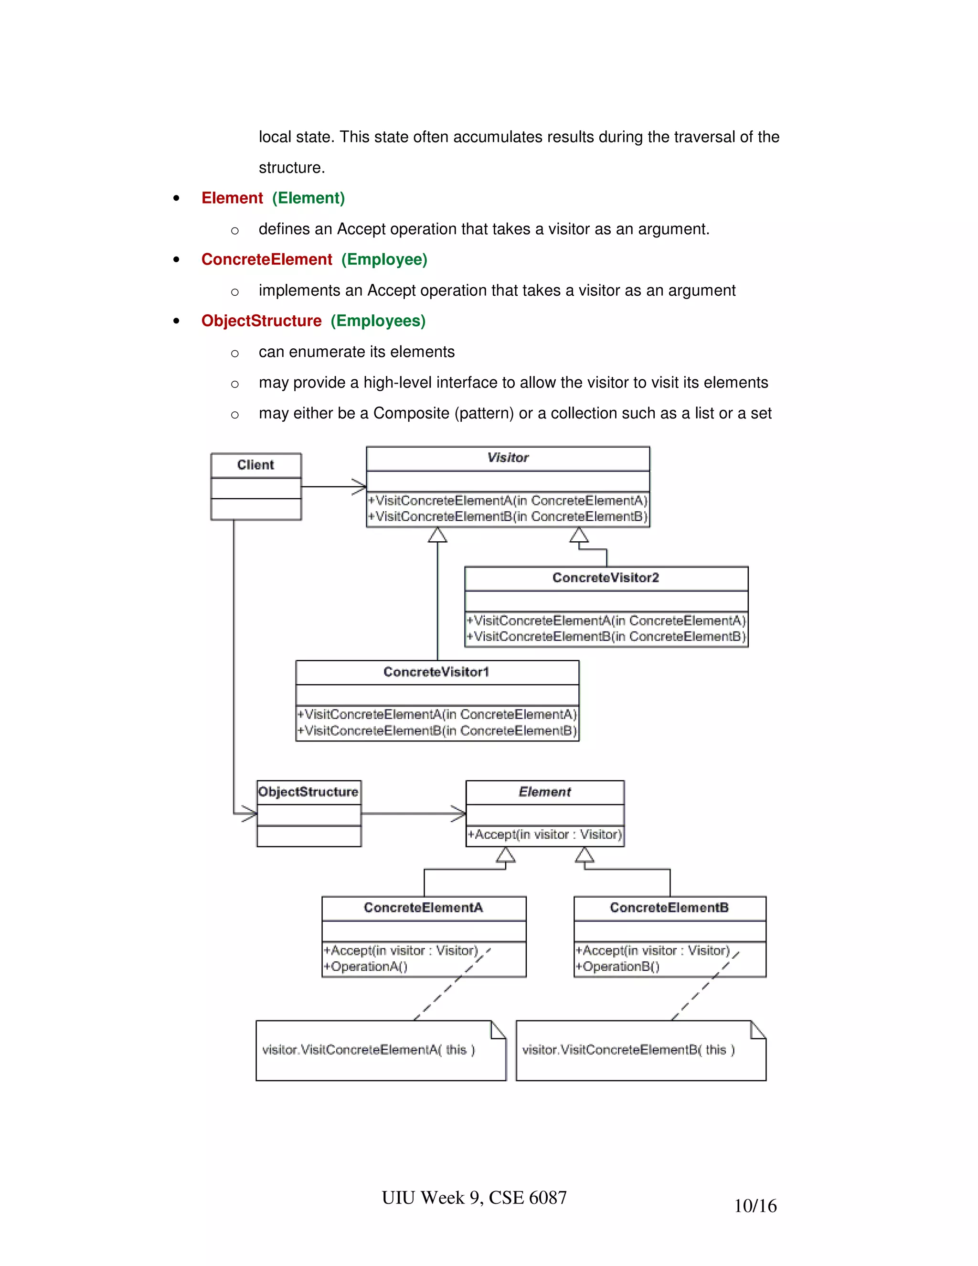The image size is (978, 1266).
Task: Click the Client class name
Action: pyautogui.click(x=255, y=465)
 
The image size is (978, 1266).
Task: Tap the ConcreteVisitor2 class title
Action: pyautogui.click(x=606, y=578)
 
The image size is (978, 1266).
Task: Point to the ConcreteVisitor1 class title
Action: pyautogui.click(x=436, y=672)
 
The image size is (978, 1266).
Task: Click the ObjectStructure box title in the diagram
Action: pyautogui.click(x=308, y=792)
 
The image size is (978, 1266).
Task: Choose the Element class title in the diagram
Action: pyautogui.click(x=544, y=792)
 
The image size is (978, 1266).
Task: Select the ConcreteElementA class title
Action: pyautogui.click(x=423, y=908)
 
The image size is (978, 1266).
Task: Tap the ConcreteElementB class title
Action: pyautogui.click(x=669, y=908)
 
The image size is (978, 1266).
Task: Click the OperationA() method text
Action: pyautogui.click(x=366, y=967)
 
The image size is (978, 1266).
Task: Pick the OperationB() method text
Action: pyautogui.click(x=617, y=967)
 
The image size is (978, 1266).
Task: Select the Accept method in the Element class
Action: pyautogui.click(x=544, y=835)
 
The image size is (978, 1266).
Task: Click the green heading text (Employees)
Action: pyautogui.click(x=378, y=321)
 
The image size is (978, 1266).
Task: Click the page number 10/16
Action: pyautogui.click(x=755, y=1206)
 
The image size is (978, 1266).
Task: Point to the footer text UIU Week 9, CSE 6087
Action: pyautogui.click(x=474, y=1198)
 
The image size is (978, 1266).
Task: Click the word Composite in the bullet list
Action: pyautogui.click(x=411, y=413)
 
